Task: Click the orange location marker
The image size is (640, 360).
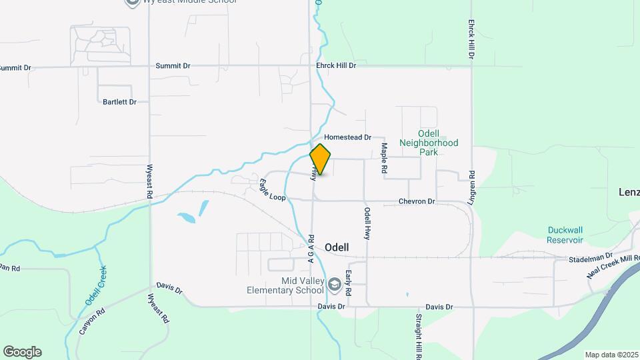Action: (320, 159)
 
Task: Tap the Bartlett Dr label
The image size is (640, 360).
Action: (119, 102)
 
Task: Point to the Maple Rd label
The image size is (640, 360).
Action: (385, 158)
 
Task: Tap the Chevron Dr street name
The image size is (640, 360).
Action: (417, 201)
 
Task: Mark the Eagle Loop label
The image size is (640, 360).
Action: (272, 190)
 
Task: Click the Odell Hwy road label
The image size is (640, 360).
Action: (367, 223)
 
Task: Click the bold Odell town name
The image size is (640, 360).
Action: (337, 247)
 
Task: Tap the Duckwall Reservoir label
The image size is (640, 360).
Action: (565, 235)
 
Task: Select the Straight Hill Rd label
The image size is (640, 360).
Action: (419, 335)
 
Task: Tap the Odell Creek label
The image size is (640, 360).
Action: (96, 285)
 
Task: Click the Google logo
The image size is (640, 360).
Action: (22, 351)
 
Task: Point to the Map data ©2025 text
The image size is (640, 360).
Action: (611, 355)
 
